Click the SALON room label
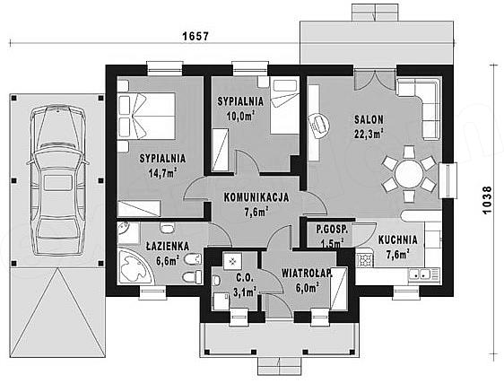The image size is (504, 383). click(x=369, y=119)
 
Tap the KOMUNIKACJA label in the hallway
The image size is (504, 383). click(x=256, y=197)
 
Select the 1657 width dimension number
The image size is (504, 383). click(x=196, y=37)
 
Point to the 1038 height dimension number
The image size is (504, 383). click(x=487, y=200)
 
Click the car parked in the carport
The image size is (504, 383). click(x=57, y=179)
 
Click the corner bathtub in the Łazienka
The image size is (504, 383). click(x=135, y=265)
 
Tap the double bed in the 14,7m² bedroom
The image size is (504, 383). click(x=146, y=116)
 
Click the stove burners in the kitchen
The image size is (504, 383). click(x=364, y=259)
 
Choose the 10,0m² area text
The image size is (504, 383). click(x=240, y=116)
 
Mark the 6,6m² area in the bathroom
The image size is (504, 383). click(x=167, y=260)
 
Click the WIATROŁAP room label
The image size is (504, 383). click(x=307, y=274)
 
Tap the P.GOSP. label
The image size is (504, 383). click(x=332, y=230)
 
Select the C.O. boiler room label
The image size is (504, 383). click(x=245, y=277)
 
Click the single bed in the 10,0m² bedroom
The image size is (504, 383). click(x=285, y=106)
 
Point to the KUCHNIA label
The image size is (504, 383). click(x=397, y=239)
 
